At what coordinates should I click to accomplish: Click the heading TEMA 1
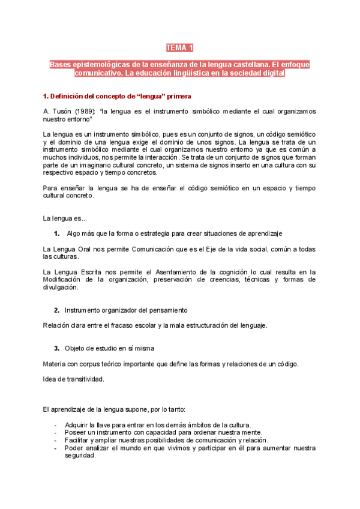click(x=179, y=47)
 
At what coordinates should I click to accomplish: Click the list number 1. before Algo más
click(x=56, y=233)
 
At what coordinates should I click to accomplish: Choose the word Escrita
click(x=91, y=272)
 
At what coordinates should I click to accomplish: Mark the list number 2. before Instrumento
click(x=56, y=310)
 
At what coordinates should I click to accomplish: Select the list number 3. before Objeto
click(x=56, y=348)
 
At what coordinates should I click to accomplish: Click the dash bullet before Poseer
click(x=55, y=432)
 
